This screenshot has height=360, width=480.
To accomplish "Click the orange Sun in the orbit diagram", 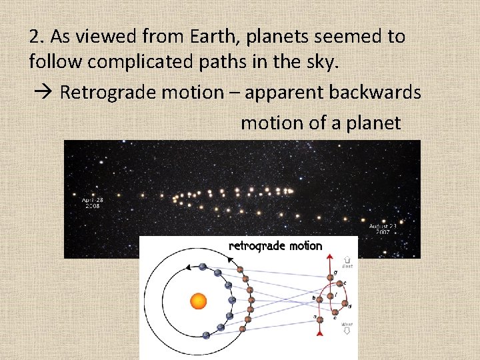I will (199, 301).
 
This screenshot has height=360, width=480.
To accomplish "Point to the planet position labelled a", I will (319, 319).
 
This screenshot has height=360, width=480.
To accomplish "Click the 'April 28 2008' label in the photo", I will (93, 203).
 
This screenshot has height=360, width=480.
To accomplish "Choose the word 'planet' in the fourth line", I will (373, 123).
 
